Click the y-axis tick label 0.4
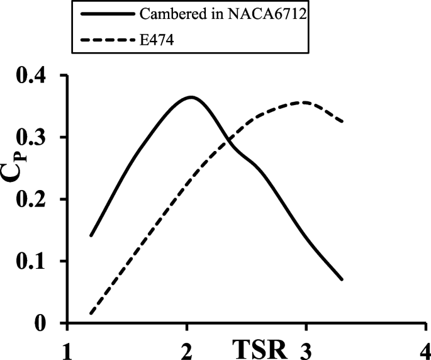36,76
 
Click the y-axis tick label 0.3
36,138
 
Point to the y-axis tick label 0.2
36,200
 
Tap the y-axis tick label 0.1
36,261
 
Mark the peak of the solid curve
190,97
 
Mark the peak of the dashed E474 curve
305,102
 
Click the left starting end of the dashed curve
91,313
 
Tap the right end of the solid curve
342,279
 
